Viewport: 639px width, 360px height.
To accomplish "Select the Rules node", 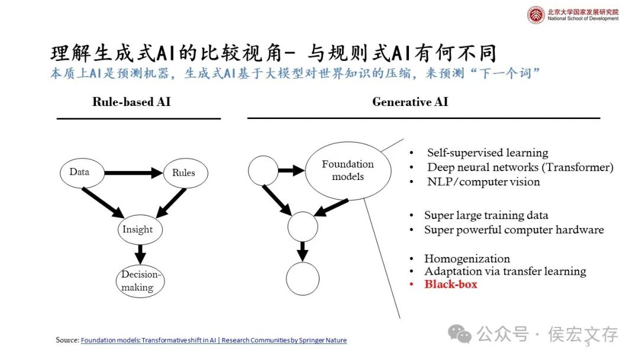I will [183, 173].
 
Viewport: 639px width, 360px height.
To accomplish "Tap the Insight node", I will [138, 230].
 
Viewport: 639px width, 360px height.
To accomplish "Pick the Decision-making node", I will [140, 281].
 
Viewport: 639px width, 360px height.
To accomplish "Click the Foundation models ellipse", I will [348, 170].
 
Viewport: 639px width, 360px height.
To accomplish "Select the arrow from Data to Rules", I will [134, 173].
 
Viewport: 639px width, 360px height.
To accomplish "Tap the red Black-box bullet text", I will [450, 284].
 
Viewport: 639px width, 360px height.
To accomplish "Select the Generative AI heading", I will [410, 102].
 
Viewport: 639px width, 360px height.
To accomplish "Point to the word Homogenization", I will [467, 259].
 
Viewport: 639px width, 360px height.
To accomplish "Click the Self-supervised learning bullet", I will [488, 153].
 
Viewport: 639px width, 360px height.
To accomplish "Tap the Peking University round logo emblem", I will [536, 15].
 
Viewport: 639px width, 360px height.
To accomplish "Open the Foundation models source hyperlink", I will [214, 340].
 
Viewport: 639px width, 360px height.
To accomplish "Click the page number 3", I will [588, 344].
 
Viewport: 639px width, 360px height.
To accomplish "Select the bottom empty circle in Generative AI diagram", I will [302, 279].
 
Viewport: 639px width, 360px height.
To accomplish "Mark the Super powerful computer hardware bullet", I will [514, 230].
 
